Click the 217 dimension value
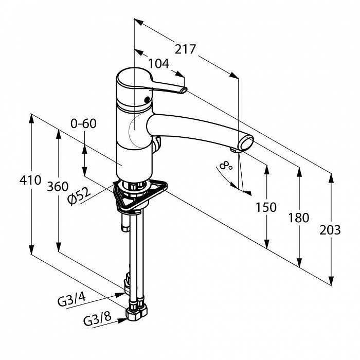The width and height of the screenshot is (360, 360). click(185, 49)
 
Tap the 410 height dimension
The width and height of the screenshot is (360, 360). click(30, 181)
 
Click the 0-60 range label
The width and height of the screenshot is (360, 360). click(83, 123)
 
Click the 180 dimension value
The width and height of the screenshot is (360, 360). click(299, 218)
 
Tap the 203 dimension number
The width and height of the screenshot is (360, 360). click(330, 229)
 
